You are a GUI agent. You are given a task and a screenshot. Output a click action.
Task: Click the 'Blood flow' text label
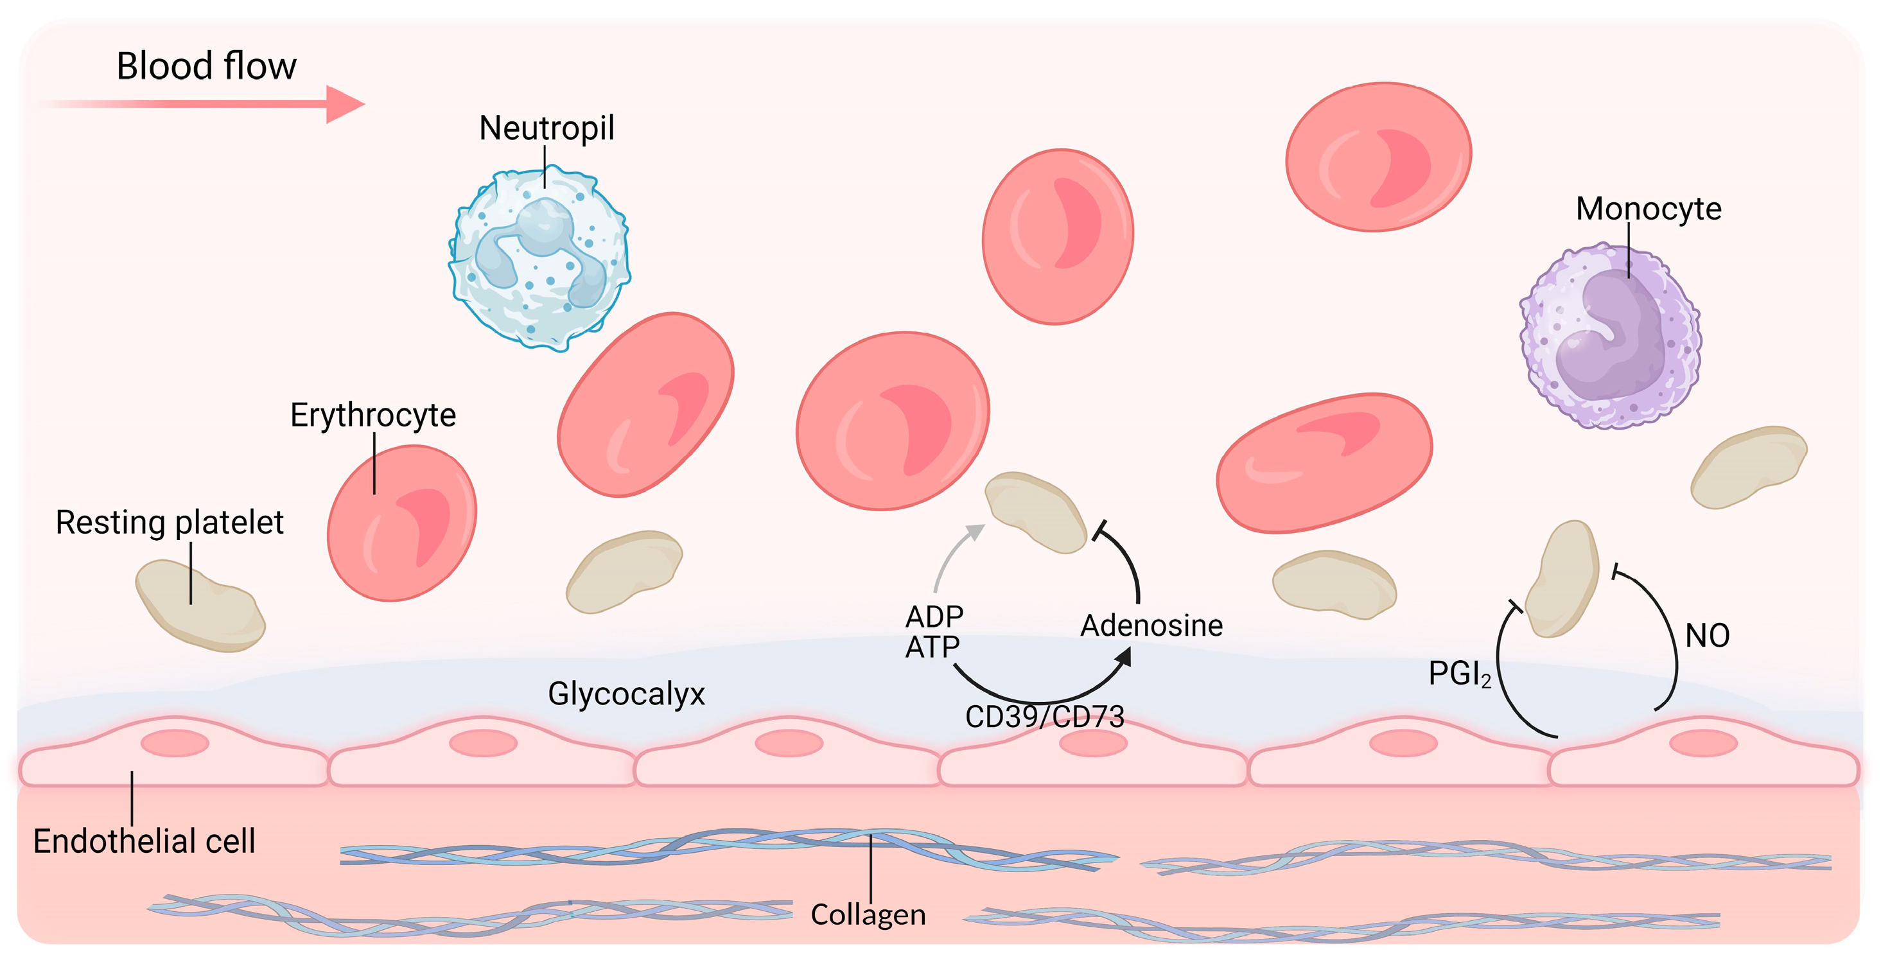coord(207,67)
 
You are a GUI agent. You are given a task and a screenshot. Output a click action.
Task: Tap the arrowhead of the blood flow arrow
coord(345,105)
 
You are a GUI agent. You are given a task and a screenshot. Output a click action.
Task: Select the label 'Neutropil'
coord(547,128)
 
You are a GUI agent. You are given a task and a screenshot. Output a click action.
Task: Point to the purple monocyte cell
coord(1611,335)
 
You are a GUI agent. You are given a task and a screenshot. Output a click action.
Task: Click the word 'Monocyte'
coord(1648,209)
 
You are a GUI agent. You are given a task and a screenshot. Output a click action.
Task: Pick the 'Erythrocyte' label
coord(373,415)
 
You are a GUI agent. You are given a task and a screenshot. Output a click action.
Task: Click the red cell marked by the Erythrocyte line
coord(401,523)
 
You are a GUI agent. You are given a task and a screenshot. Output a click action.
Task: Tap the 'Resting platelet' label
coord(170,522)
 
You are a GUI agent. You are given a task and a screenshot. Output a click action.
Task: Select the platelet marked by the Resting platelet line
coord(199,606)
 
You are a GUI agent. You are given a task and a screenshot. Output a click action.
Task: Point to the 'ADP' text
coord(934,617)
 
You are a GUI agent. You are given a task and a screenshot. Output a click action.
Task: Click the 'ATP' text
coord(932,647)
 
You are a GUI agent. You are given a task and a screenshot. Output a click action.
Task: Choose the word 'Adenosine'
coord(1151,626)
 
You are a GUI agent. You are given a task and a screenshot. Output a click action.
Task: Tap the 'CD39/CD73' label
coord(1044,717)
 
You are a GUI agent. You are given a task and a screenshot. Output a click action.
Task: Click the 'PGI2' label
coord(1459,674)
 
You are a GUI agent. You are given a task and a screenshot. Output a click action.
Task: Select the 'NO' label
coord(1707,636)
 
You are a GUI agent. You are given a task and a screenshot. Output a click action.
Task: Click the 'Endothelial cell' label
coord(144,841)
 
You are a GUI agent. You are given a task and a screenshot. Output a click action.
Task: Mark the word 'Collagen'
coord(868,914)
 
